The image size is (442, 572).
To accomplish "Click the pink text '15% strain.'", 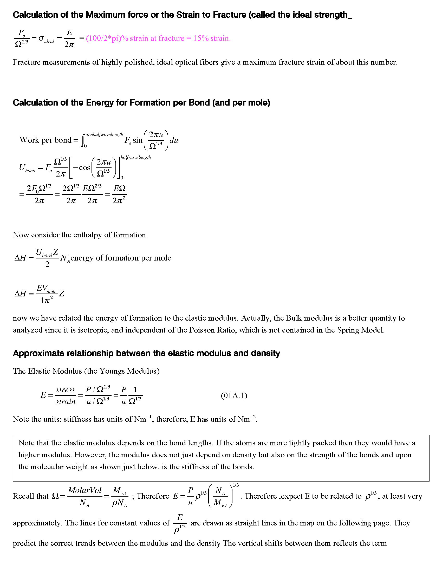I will point(212,38).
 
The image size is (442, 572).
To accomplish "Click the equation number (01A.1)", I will point(234,395).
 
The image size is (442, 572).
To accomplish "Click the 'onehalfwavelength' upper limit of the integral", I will point(104,134).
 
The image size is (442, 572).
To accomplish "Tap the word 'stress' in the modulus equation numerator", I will point(66,390).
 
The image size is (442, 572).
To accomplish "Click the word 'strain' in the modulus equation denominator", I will point(66,402).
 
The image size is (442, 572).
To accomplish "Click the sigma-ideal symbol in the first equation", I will point(46,39).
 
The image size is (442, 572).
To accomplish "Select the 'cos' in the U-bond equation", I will point(84,168).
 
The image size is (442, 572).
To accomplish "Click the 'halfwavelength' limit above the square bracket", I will point(136,157).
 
